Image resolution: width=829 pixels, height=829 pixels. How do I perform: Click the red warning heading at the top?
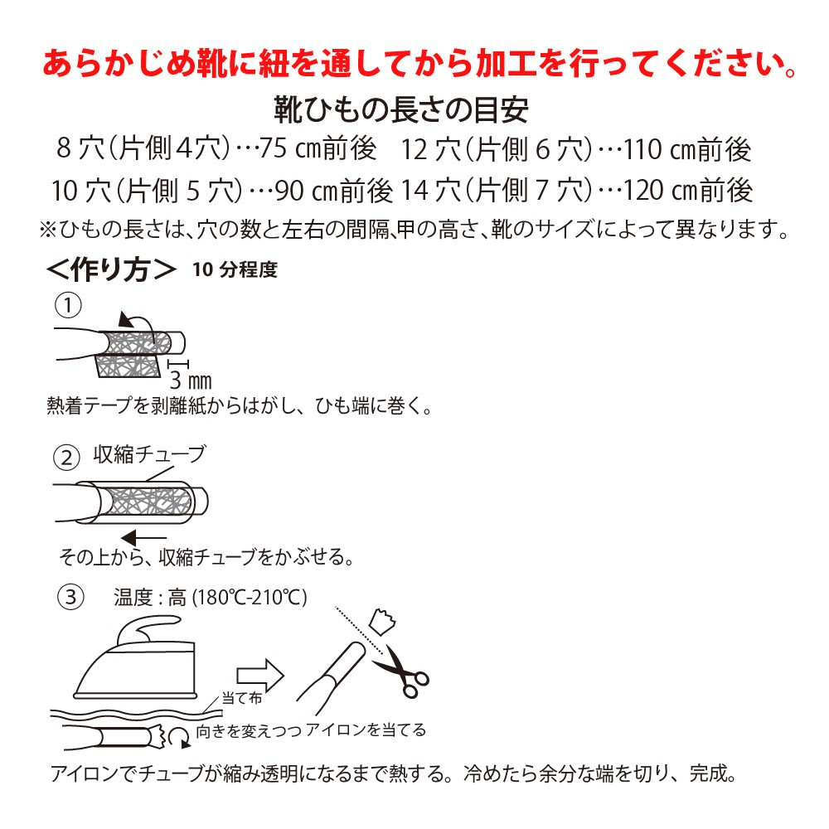[x=423, y=64]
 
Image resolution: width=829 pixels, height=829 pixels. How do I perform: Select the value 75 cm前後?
[x=318, y=150]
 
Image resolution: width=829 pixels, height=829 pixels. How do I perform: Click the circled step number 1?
[x=67, y=306]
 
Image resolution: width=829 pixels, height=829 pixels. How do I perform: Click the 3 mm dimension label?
[x=190, y=381]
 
